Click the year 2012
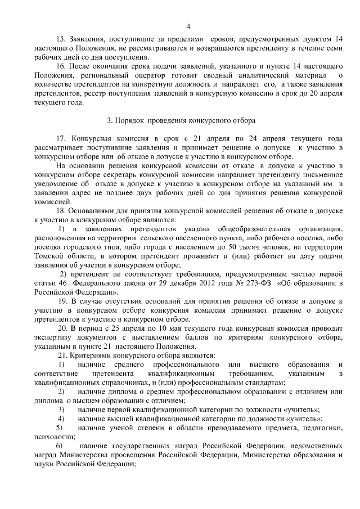point(211,283)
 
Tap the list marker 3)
point(61,409)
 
